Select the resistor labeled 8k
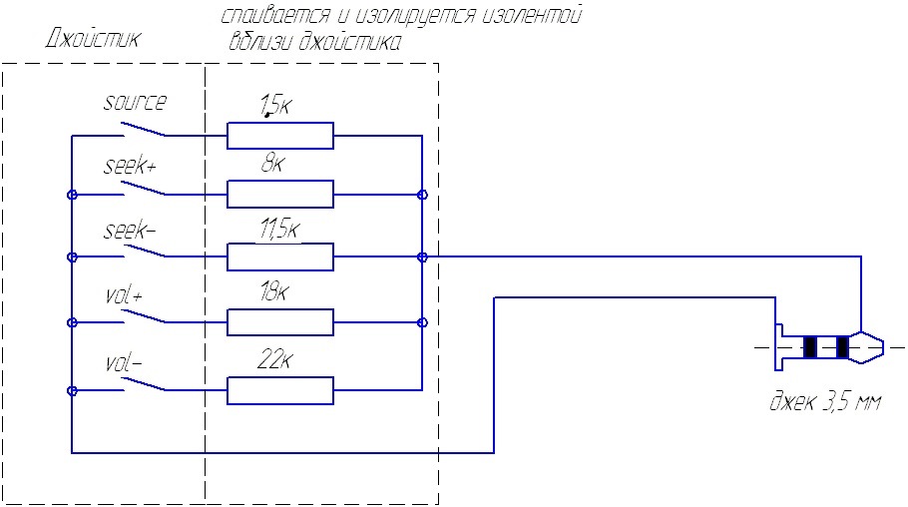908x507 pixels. (x=280, y=193)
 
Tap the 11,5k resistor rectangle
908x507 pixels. (x=280, y=257)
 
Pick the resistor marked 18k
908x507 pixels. (x=280, y=322)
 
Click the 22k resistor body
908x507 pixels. (x=280, y=390)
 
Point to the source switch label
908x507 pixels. (x=136, y=102)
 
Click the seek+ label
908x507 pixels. (x=130, y=167)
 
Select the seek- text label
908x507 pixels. (x=130, y=231)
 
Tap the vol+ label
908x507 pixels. (x=126, y=296)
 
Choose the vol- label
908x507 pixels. (x=124, y=363)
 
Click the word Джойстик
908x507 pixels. (x=93, y=40)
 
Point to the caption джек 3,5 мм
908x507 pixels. (x=824, y=403)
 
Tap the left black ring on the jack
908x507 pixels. (x=810, y=347)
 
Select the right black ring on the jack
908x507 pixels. (x=842, y=347)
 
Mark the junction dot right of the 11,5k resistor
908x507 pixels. (x=423, y=257)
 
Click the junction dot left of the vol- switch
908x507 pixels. (x=72, y=390)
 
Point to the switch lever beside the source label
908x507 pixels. (x=145, y=129)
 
